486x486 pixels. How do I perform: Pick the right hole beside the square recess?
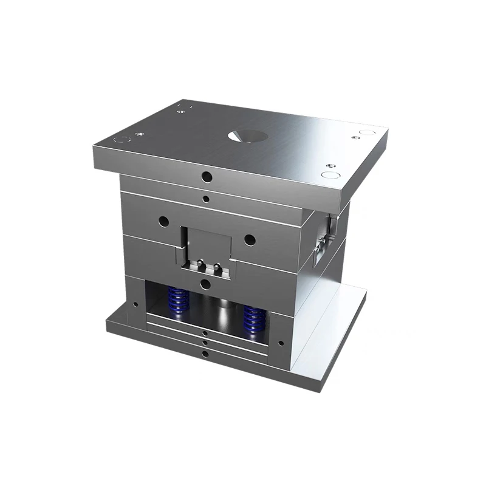click(249, 239)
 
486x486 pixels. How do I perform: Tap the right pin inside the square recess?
click(214, 266)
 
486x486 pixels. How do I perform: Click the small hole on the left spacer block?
click(135, 304)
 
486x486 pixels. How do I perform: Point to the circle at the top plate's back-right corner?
click(366, 131)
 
